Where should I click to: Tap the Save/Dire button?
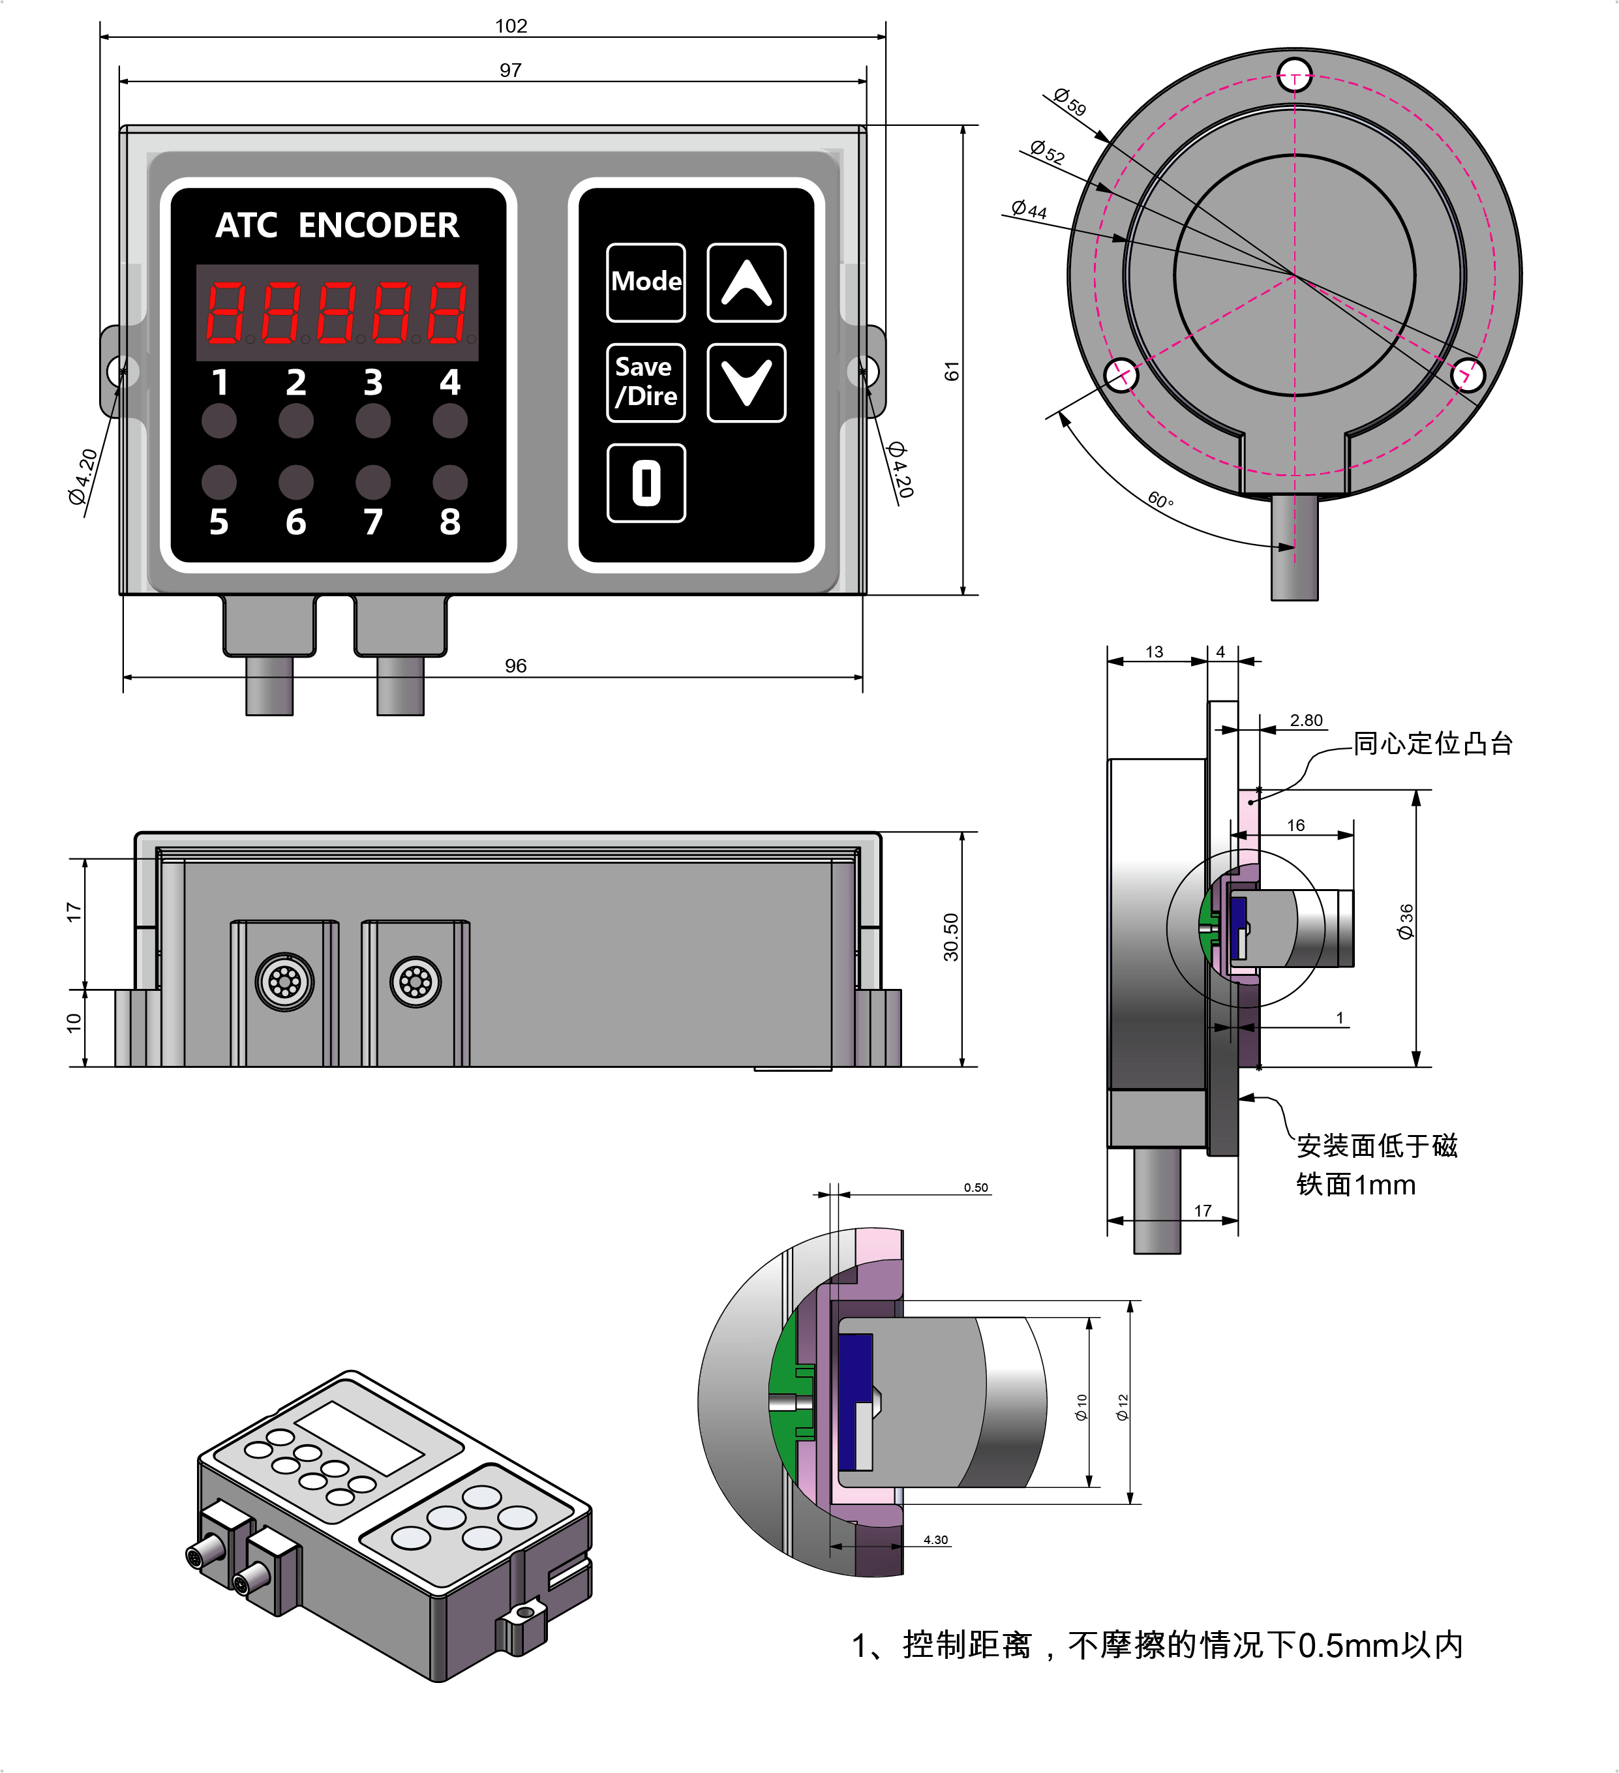point(646,382)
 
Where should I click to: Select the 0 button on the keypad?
point(646,483)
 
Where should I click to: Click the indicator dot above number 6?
point(296,482)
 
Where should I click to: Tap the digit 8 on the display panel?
point(450,521)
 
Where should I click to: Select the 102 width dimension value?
point(511,25)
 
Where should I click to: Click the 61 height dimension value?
point(952,371)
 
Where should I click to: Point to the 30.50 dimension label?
point(950,937)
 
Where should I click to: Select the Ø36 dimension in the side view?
point(1405,921)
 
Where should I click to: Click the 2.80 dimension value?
point(1306,720)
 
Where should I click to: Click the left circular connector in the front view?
point(285,982)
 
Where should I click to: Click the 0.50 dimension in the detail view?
point(975,1187)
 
